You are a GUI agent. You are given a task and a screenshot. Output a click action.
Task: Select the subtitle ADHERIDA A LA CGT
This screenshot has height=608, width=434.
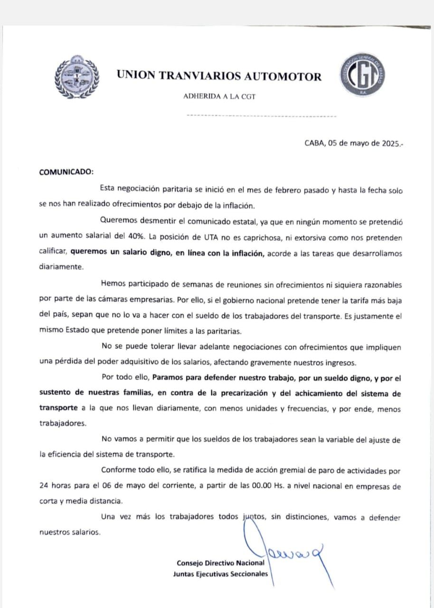219,97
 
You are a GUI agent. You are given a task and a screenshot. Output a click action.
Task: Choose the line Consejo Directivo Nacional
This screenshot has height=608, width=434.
220,563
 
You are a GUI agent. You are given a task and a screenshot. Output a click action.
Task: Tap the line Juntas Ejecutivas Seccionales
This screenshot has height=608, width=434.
220,574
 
